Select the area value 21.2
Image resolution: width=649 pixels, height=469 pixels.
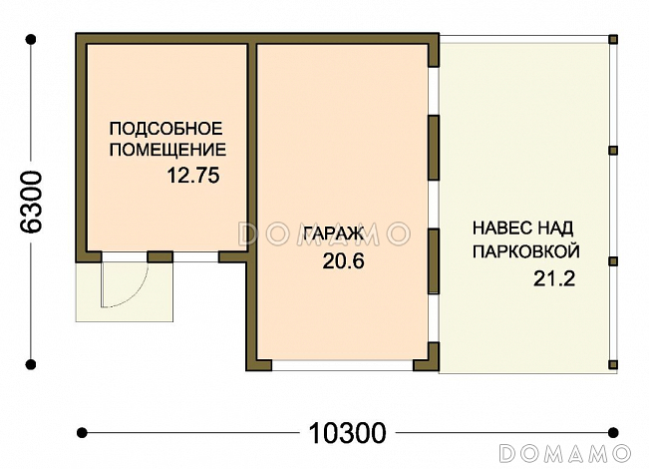[x=554, y=278]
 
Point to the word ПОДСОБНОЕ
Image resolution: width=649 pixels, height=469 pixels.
[x=164, y=129]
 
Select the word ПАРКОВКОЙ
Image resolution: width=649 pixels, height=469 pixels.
[x=526, y=251]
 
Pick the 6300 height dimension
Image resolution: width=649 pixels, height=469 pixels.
[x=32, y=202]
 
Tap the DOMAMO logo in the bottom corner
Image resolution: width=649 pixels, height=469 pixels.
[x=564, y=452]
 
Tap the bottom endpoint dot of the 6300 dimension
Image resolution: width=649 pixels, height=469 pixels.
[x=32, y=365]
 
